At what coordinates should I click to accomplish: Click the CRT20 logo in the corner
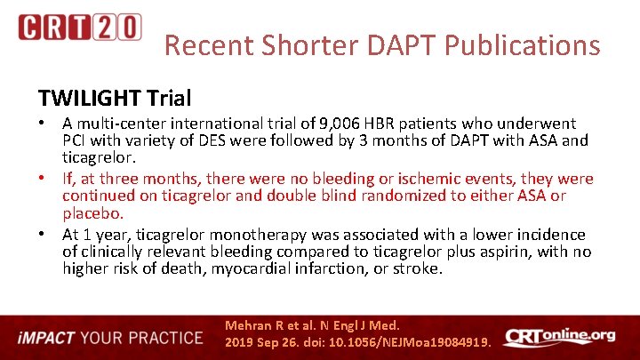(x=79, y=28)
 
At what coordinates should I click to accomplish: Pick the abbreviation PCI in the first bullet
(x=76, y=140)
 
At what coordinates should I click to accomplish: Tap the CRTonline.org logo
(x=559, y=336)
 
